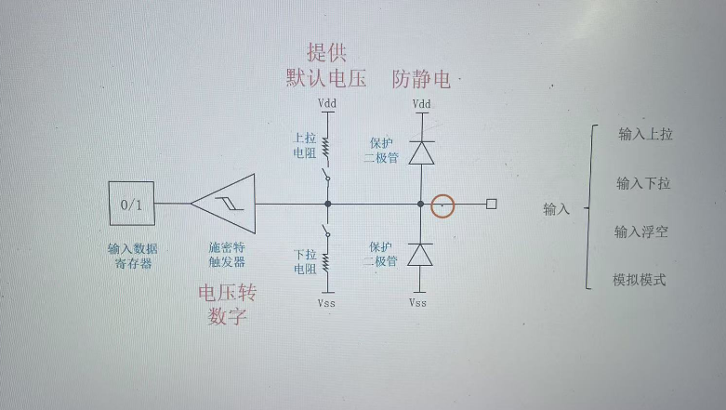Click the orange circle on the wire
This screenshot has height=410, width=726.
[443, 204]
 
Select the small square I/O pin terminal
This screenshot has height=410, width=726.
[492, 204]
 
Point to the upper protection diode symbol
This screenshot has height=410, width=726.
[421, 152]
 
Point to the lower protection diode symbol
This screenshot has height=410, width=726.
[421, 254]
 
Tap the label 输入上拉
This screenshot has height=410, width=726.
[645, 134]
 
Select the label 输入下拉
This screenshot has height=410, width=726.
[643, 183]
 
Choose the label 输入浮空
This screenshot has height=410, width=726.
[641, 231]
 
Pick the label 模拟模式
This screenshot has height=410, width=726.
[640, 280]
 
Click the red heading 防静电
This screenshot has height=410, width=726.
[421, 79]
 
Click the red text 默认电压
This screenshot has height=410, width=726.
[326, 79]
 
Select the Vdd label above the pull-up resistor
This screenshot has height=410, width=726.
[327, 103]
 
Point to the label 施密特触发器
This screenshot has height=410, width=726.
[227, 255]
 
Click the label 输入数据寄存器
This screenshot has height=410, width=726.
[133, 255]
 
